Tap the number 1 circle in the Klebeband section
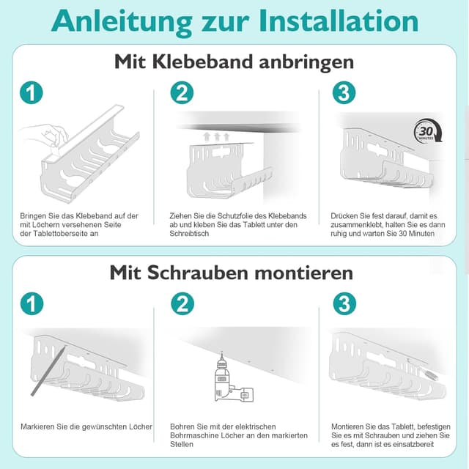pos(31,93)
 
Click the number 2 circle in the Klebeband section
pos(181,93)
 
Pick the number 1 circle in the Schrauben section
pos(31,303)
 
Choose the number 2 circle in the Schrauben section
pos(181,303)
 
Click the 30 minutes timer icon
pos(428,133)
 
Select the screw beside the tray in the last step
pos(431,374)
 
